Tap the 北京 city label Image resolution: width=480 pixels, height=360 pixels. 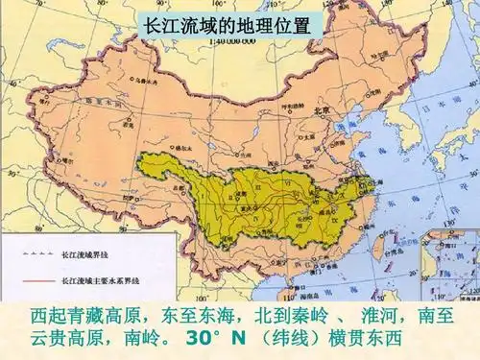click(x=322, y=112)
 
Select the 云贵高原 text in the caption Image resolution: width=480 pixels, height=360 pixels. click(x=67, y=339)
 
